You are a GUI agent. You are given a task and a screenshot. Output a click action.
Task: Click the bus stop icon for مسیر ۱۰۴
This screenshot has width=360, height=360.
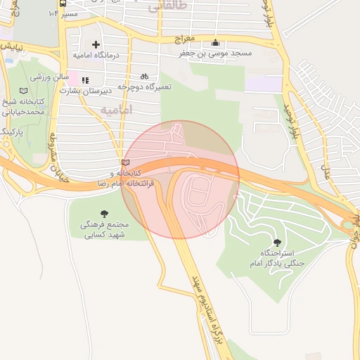coord(63,13)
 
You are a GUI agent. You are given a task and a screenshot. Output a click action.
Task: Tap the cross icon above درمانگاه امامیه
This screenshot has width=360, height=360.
coord(96,44)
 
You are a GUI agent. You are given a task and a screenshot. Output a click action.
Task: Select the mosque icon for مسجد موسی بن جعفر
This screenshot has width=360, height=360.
coord(215,43)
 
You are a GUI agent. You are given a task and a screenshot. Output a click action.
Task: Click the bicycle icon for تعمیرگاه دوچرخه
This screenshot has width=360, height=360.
coord(144,76)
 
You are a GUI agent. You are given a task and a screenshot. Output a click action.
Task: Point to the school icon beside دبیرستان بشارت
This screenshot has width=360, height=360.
coord(86,81)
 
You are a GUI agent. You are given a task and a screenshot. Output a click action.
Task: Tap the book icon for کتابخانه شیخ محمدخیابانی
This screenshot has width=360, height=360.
coord(24,91)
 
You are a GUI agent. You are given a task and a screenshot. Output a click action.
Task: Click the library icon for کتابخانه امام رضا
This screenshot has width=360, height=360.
coord(125,163)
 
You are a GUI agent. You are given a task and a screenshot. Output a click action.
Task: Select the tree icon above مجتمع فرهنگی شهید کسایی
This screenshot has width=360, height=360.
coord(105,213)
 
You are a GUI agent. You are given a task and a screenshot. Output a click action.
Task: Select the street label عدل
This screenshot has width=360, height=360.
coord(326,169)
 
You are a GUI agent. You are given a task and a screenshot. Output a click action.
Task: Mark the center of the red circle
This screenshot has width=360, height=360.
coord(181,179)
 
